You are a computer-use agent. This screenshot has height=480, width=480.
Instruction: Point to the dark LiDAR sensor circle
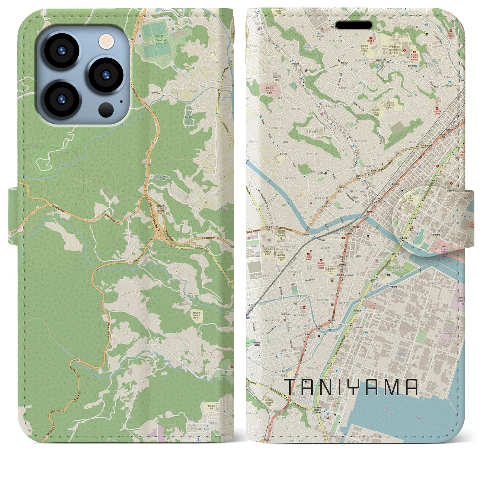pyautogui.click(x=106, y=109)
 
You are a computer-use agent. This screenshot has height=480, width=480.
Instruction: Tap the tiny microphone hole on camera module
pyautogui.click(x=121, y=101)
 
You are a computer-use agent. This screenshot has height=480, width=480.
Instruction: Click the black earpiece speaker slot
pyautogui.click(x=354, y=25)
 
